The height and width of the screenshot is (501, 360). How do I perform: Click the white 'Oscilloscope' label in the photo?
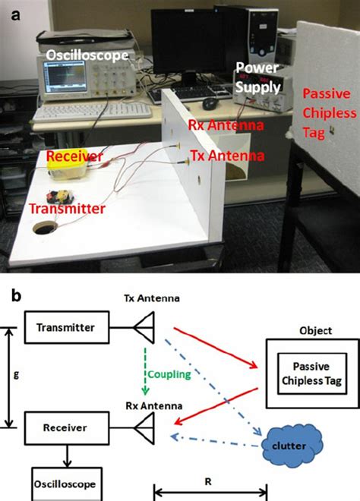pos(87,55)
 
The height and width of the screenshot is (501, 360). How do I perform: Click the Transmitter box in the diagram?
pos(68,327)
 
